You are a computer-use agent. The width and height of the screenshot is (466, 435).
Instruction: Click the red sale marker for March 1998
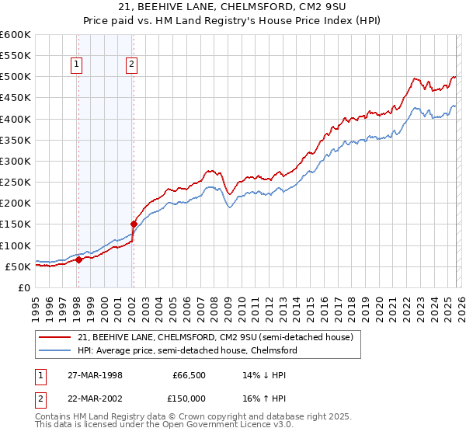pos(78,259)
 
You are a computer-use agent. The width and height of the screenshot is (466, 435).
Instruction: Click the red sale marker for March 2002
pos(133,224)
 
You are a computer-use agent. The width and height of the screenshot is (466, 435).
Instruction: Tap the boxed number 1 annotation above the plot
pos(78,65)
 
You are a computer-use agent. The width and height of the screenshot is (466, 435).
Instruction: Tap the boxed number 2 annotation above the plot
pos(132,65)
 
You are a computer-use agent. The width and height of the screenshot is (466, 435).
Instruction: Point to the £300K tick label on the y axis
pos(15,161)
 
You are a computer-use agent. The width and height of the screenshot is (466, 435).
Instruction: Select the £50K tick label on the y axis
pos(18,266)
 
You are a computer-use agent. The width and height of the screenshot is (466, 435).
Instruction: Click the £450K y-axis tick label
pos(15,98)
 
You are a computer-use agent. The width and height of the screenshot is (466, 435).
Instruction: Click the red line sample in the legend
pos(55,337)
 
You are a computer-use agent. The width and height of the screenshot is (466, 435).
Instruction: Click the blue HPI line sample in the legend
pos(55,350)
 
